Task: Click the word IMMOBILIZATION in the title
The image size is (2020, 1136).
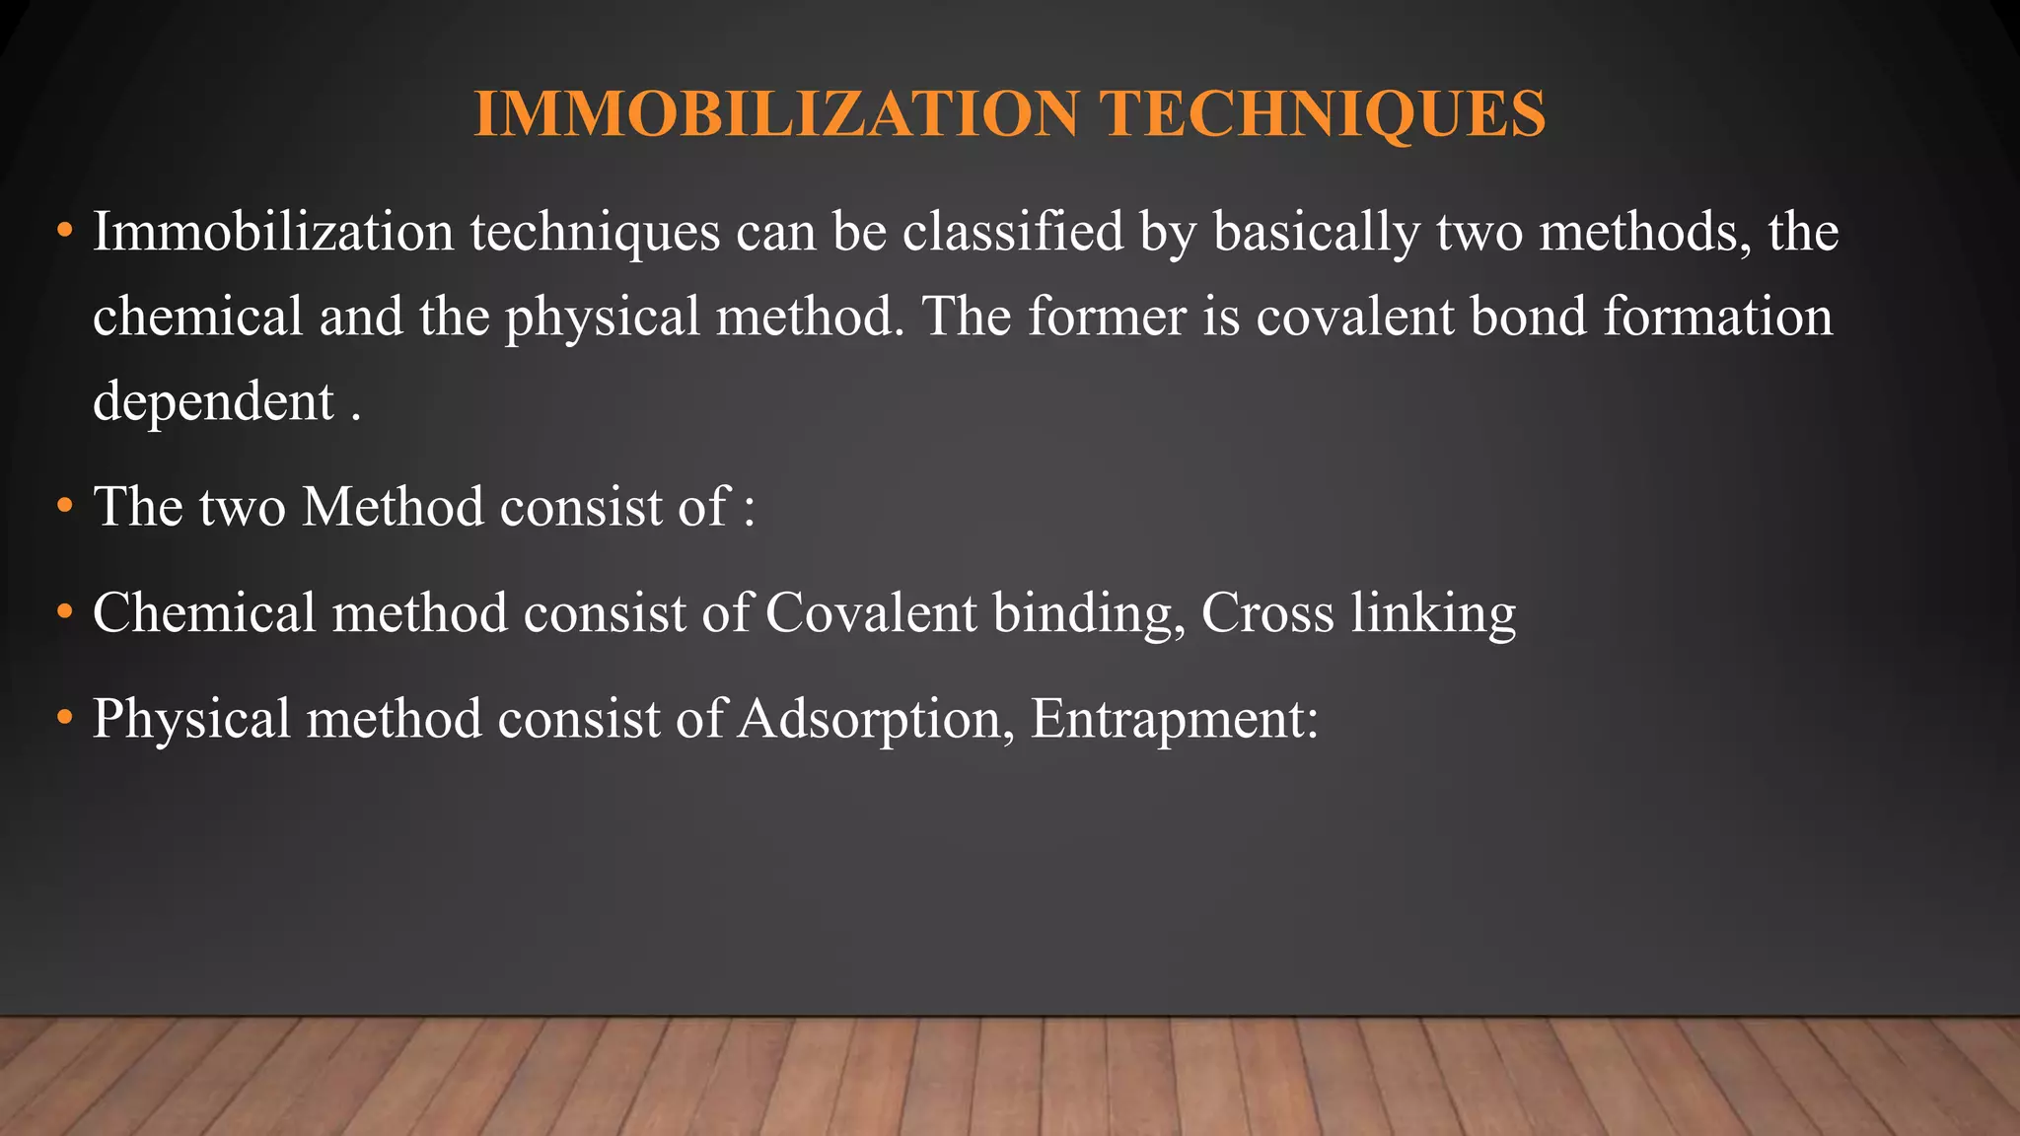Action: coord(776,113)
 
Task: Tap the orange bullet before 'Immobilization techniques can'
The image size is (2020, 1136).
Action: coord(65,233)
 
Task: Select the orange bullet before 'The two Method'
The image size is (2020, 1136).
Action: coord(65,507)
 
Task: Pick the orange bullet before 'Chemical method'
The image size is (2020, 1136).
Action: coord(65,612)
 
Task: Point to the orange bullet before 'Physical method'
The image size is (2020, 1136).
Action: coord(65,718)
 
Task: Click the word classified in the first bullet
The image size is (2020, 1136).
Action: coord(1013,233)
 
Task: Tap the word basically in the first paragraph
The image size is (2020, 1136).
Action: coord(1317,233)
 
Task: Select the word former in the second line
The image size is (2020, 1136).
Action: coord(1107,318)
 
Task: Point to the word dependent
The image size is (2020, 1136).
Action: coord(213,402)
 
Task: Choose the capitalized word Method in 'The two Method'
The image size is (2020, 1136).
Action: coord(393,507)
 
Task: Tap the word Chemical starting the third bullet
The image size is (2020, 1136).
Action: coord(204,612)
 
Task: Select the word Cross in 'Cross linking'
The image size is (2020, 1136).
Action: coord(1267,612)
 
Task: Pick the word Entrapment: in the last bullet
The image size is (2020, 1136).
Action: coord(1174,720)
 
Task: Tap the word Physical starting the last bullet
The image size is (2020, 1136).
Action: coord(191,720)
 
